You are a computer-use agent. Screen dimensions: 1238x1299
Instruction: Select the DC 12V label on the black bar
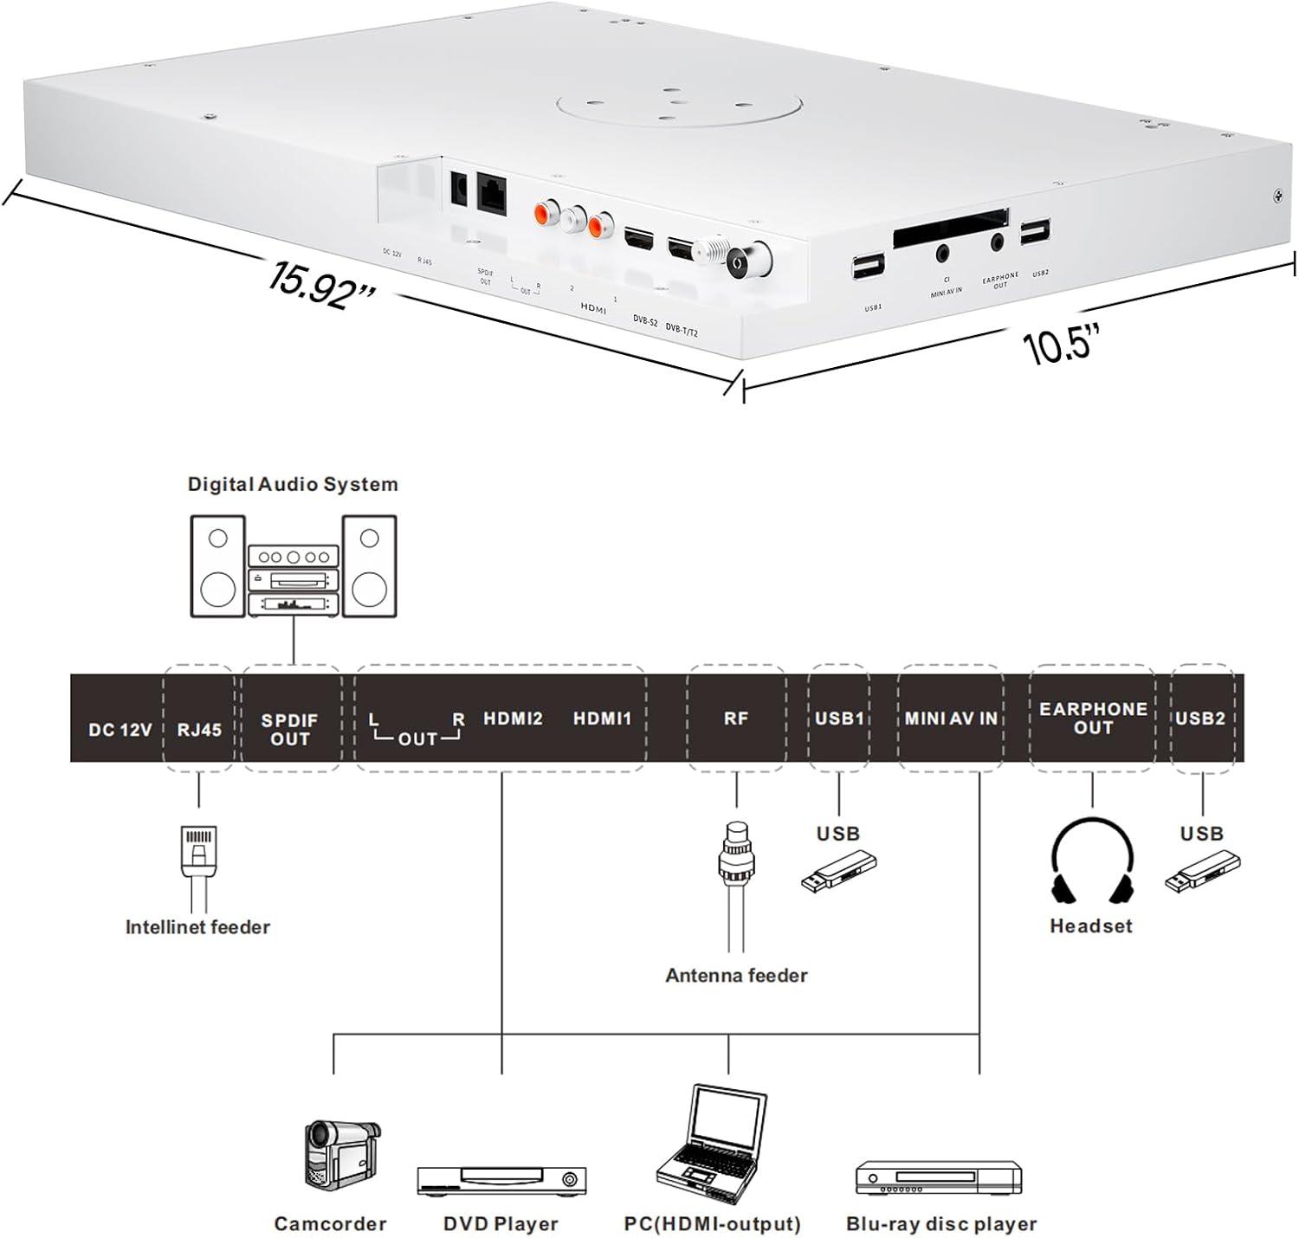120,730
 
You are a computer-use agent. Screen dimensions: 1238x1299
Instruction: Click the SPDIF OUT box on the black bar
289,729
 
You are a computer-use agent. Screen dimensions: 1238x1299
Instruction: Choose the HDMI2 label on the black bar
513,719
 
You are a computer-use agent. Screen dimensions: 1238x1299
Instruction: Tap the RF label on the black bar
735,719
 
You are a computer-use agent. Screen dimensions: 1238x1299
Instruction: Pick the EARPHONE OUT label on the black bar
1092,718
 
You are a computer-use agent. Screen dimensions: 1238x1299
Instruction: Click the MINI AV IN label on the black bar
951,719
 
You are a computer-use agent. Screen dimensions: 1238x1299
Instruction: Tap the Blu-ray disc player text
940,1224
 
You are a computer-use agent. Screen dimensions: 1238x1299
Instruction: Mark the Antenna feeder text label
736,975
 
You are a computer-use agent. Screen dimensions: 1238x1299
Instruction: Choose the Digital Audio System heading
293,484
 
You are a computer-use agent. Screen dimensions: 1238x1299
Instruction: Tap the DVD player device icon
501,1180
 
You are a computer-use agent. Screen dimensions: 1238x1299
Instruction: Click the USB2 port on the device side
1034,232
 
